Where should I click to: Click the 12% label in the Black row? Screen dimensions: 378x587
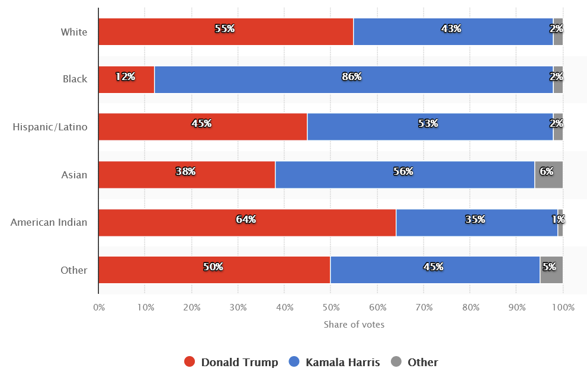pyautogui.click(x=126, y=76)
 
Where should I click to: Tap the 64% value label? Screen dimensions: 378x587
pyautogui.click(x=246, y=219)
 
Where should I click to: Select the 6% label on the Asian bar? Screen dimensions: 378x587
pyautogui.click(x=547, y=171)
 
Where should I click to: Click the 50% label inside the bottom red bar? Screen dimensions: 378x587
pyautogui.click(x=213, y=267)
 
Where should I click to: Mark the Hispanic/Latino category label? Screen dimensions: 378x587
pyautogui.click(x=50, y=127)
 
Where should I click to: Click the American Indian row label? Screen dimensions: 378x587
pyautogui.click(x=49, y=223)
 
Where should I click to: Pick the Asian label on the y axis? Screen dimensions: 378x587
pyautogui.click(x=74, y=175)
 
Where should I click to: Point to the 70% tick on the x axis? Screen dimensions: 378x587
pyautogui.click(x=424, y=307)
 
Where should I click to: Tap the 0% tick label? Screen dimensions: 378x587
pyautogui.click(x=99, y=307)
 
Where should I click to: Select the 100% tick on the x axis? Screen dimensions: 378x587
pyautogui.click(x=563, y=307)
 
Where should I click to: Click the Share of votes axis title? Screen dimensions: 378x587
pyautogui.click(x=354, y=324)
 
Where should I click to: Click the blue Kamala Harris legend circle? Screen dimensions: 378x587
pyautogui.click(x=294, y=362)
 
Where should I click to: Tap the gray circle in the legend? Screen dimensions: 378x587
pyautogui.click(x=396, y=362)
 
